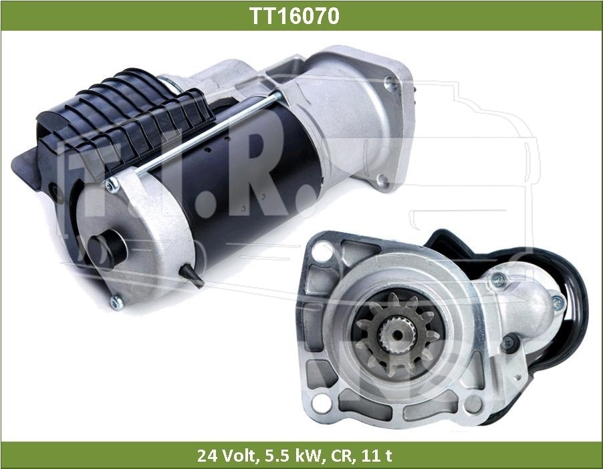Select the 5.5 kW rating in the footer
coord(291,456)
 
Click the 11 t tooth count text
coord(378,456)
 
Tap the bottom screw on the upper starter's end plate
coord(117,302)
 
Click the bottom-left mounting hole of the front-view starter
coord(322,402)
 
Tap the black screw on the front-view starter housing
coord(509,343)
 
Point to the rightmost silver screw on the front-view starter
coord(558,301)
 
